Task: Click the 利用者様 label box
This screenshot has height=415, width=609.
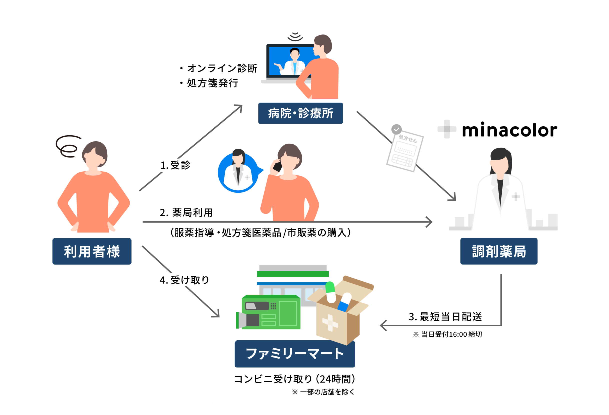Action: [92, 251]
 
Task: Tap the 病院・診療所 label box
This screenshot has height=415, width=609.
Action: [300, 113]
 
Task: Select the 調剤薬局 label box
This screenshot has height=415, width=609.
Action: [499, 251]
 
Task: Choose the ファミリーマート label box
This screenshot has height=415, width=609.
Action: [295, 354]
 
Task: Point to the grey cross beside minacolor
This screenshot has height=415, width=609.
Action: [447, 129]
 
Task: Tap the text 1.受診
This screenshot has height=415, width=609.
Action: [175, 165]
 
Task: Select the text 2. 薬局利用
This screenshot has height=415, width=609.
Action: [186, 212]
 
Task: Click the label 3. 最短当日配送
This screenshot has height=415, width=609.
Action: [445, 316]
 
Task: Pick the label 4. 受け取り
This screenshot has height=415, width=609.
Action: [184, 280]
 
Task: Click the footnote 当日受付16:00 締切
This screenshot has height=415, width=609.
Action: [447, 334]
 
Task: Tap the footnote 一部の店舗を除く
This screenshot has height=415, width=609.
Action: [323, 392]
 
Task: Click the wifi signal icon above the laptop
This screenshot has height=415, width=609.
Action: [295, 37]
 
